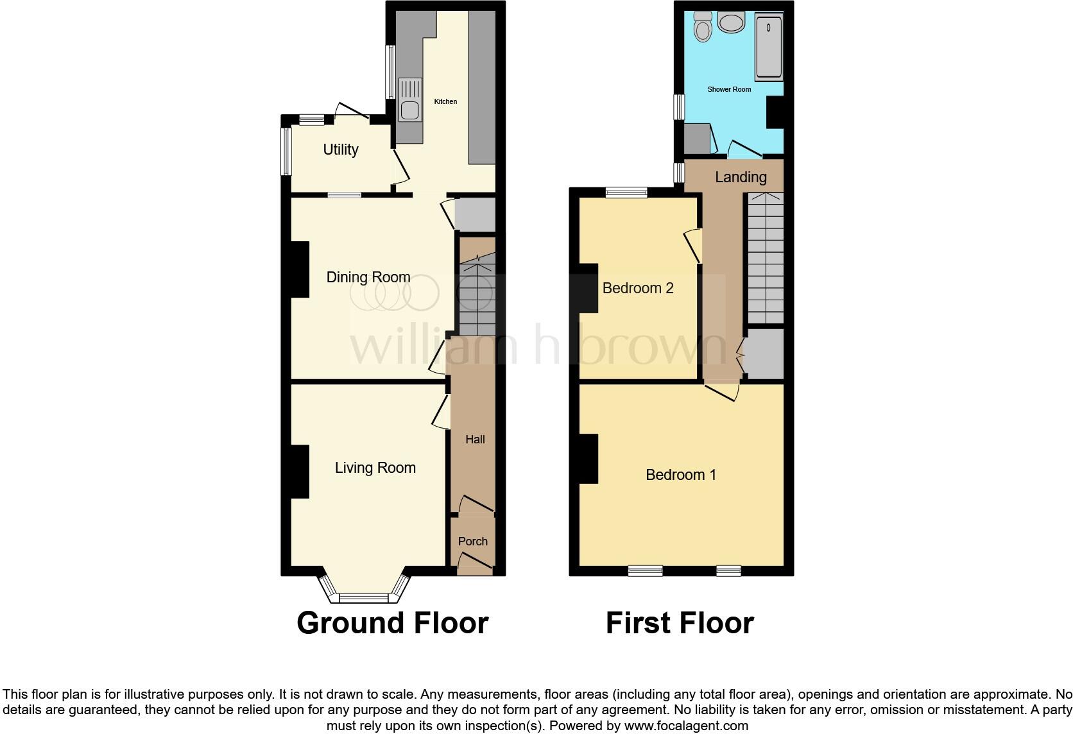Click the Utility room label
340,149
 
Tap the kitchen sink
409,100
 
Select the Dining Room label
368,277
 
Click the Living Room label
375,468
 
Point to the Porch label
472,541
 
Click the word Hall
475,440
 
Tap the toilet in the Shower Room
703,27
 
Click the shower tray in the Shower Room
768,47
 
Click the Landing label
741,177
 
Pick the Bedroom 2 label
637,288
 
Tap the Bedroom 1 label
680,475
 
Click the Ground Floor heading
392,623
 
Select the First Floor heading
680,623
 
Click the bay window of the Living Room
364,597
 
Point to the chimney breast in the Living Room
300,472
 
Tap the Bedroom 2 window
627,191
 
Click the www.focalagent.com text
686,726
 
